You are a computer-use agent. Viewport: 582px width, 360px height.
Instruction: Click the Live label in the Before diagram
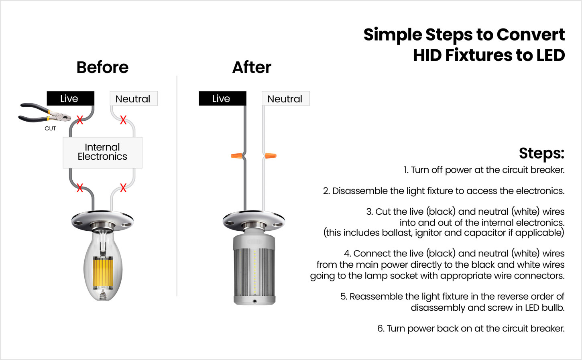point(70,98)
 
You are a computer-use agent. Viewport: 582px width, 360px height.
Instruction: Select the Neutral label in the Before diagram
point(134,98)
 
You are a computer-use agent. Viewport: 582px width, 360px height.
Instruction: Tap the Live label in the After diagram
point(222,98)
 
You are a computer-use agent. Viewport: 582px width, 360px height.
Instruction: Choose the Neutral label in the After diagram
point(285,98)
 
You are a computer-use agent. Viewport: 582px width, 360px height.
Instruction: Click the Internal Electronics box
point(103,153)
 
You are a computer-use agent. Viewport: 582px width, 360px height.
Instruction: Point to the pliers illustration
point(45,114)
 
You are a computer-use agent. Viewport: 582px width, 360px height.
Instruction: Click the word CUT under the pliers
point(50,128)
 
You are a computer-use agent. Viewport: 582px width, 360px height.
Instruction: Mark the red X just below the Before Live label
point(80,120)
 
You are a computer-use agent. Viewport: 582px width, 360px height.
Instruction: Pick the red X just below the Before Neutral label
point(123,120)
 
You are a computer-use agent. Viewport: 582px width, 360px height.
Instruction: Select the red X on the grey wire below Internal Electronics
point(80,188)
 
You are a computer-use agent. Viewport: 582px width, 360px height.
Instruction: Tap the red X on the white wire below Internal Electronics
point(123,188)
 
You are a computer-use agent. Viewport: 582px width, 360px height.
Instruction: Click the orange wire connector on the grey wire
point(237,156)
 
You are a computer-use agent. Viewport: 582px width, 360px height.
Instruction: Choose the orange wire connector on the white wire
point(271,156)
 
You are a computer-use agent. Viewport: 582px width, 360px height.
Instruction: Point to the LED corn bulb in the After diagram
point(254,266)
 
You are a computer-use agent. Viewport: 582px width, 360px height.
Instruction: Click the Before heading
point(102,67)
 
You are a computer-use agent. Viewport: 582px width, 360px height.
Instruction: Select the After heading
point(252,67)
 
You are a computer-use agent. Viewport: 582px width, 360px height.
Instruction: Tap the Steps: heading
point(542,153)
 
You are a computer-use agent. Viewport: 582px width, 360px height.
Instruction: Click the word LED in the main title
point(550,55)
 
